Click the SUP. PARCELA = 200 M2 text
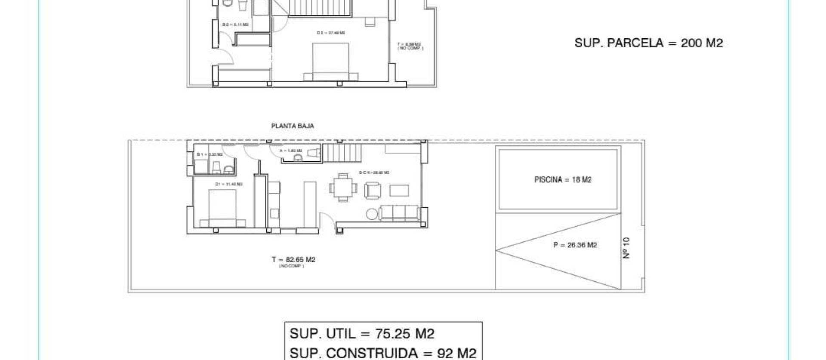pyautogui.click(x=648, y=43)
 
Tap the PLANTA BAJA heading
pyautogui.click(x=293, y=126)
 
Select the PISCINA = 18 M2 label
pyautogui.click(x=563, y=180)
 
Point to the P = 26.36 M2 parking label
pyautogui.click(x=575, y=245)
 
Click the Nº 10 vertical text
pyautogui.click(x=626, y=248)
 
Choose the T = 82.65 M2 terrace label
pyautogui.click(x=293, y=260)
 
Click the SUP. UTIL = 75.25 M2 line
pyautogui.click(x=362, y=334)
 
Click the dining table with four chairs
pyautogui.click(x=343, y=188)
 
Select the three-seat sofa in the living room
pyautogui.click(x=399, y=213)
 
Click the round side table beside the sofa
pyautogui.click(x=371, y=214)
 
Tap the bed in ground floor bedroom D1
pyautogui.click(x=222, y=209)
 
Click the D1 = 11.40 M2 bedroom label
pyautogui.click(x=228, y=184)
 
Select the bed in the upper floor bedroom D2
pyautogui.click(x=330, y=62)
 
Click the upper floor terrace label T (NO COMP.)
pyautogui.click(x=410, y=46)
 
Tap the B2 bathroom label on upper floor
pyautogui.click(x=235, y=25)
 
